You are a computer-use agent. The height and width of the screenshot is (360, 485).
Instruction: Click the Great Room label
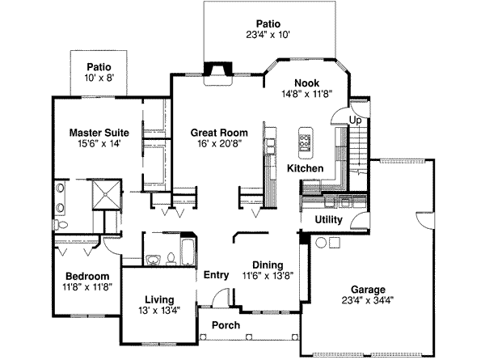(219, 132)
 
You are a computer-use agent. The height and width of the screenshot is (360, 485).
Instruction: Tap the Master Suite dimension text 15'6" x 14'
(94, 143)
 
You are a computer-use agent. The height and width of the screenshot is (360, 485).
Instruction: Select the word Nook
(306, 83)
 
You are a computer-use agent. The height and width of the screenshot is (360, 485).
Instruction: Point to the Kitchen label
(306, 168)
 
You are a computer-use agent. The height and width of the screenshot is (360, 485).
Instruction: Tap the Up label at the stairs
(354, 121)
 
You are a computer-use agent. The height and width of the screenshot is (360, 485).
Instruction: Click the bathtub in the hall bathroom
(186, 250)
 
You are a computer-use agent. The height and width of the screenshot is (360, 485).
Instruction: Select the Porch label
(226, 325)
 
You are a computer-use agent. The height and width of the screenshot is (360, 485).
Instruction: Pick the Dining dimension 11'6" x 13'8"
(265, 276)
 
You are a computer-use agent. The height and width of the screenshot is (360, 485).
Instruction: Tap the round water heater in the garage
(321, 243)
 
